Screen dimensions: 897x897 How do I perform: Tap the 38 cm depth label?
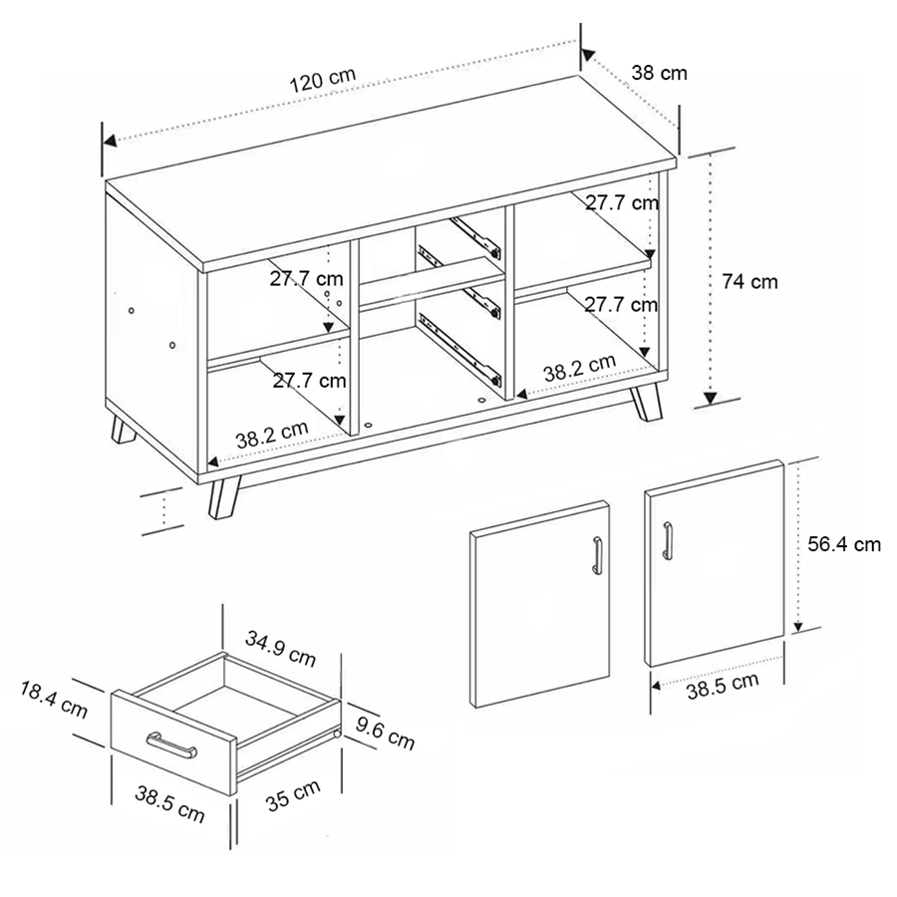click(659, 72)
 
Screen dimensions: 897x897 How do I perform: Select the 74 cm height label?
click(749, 282)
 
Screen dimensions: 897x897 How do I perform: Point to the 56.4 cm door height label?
click(844, 544)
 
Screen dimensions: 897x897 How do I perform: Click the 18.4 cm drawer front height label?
click(53, 699)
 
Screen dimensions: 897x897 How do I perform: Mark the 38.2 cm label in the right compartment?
click(579, 370)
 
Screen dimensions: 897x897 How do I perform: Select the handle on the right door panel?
click(668, 541)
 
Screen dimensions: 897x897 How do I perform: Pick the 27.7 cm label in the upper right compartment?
click(621, 203)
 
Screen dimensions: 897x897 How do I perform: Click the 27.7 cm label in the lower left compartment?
click(309, 380)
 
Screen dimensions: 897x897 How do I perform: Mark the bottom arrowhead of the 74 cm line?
click(710, 400)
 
